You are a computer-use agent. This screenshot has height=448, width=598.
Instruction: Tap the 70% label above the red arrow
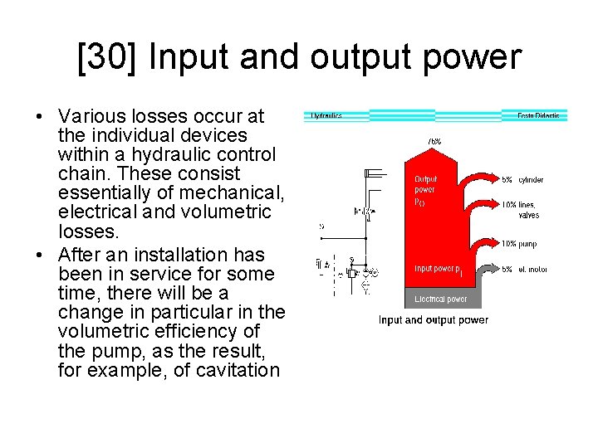434,142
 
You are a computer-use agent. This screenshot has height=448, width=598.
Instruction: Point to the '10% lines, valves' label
521,210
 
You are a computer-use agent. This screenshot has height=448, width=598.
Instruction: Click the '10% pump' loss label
521,244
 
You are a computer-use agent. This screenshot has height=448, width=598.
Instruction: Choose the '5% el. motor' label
523,269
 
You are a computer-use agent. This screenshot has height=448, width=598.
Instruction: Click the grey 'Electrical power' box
440,299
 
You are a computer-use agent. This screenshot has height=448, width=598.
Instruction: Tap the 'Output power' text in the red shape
425,184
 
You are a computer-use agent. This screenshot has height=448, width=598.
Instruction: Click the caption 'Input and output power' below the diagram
434,320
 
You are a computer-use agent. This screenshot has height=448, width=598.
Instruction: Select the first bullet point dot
40,116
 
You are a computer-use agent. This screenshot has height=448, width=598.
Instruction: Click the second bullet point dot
40,255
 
